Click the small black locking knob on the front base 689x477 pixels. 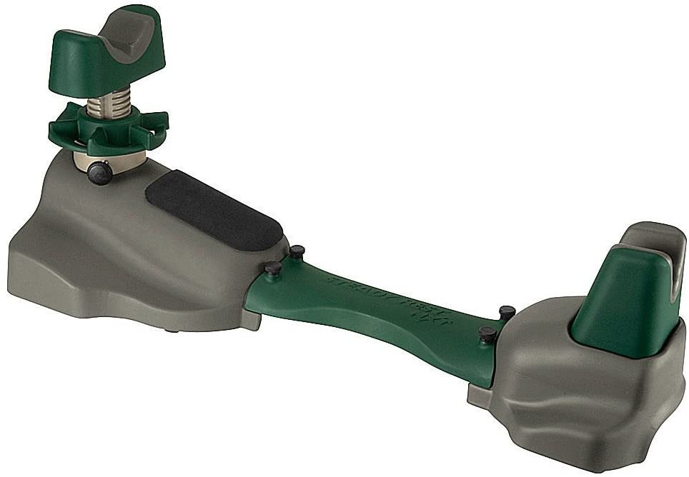pyautogui.click(x=101, y=172)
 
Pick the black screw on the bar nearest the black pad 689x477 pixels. pyautogui.click(x=297, y=251)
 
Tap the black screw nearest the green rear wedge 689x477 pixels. pyautogui.click(x=507, y=312)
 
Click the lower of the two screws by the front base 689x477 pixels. pyautogui.click(x=273, y=268)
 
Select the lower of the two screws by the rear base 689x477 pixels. pyautogui.click(x=488, y=333)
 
